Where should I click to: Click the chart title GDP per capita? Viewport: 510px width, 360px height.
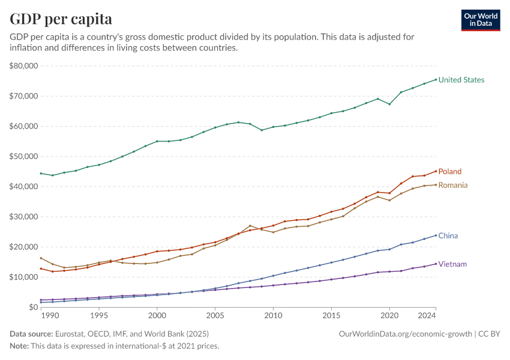[61, 19]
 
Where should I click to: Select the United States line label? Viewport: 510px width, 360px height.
[461, 80]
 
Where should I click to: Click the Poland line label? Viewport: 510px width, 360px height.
[450, 172]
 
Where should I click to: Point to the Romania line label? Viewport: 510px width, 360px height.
[453, 185]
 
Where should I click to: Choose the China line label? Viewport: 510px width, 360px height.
[448, 236]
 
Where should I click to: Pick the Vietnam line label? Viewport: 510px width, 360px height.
[452, 264]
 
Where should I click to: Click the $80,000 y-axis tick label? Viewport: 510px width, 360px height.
[24, 66]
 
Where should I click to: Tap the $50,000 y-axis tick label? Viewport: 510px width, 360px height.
[24, 156]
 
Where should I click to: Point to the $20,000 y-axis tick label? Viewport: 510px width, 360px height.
[24, 247]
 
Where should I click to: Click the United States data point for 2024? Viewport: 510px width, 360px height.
[436, 79]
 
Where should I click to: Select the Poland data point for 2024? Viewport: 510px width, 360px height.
[436, 171]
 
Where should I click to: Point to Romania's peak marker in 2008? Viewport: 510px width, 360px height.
[250, 226]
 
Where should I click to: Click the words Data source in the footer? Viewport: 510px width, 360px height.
[31, 333]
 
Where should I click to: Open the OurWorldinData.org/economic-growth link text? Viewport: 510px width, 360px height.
[406, 333]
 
